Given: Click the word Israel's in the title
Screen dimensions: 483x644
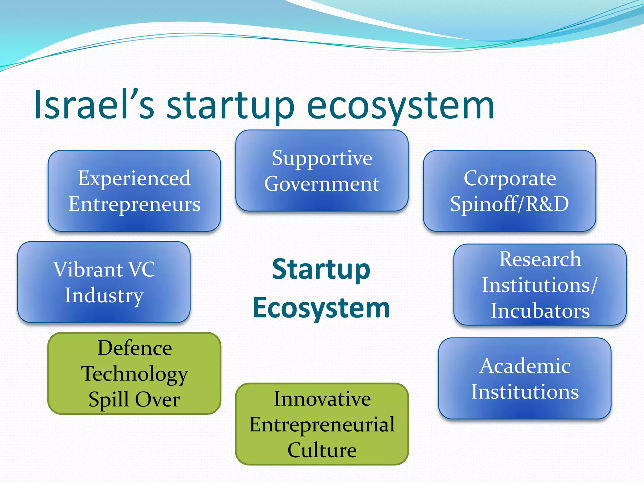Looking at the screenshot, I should pos(94,105).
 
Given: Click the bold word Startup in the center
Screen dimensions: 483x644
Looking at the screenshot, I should pos(321,269).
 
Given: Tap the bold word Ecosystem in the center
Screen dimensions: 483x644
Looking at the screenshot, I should pos(321,308).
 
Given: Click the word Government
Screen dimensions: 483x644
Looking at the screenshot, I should pos(322,184).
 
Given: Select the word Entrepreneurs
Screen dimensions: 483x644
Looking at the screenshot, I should pos(134,204).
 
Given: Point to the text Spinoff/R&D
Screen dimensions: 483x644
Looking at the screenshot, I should pos(509,204).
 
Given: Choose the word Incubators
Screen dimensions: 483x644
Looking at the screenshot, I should pos(540,311).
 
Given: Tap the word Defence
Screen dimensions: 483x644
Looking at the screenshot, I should pos(135,348).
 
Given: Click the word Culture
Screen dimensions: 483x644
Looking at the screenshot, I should pos(322,450).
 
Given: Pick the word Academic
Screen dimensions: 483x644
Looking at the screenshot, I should pos(525,366).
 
